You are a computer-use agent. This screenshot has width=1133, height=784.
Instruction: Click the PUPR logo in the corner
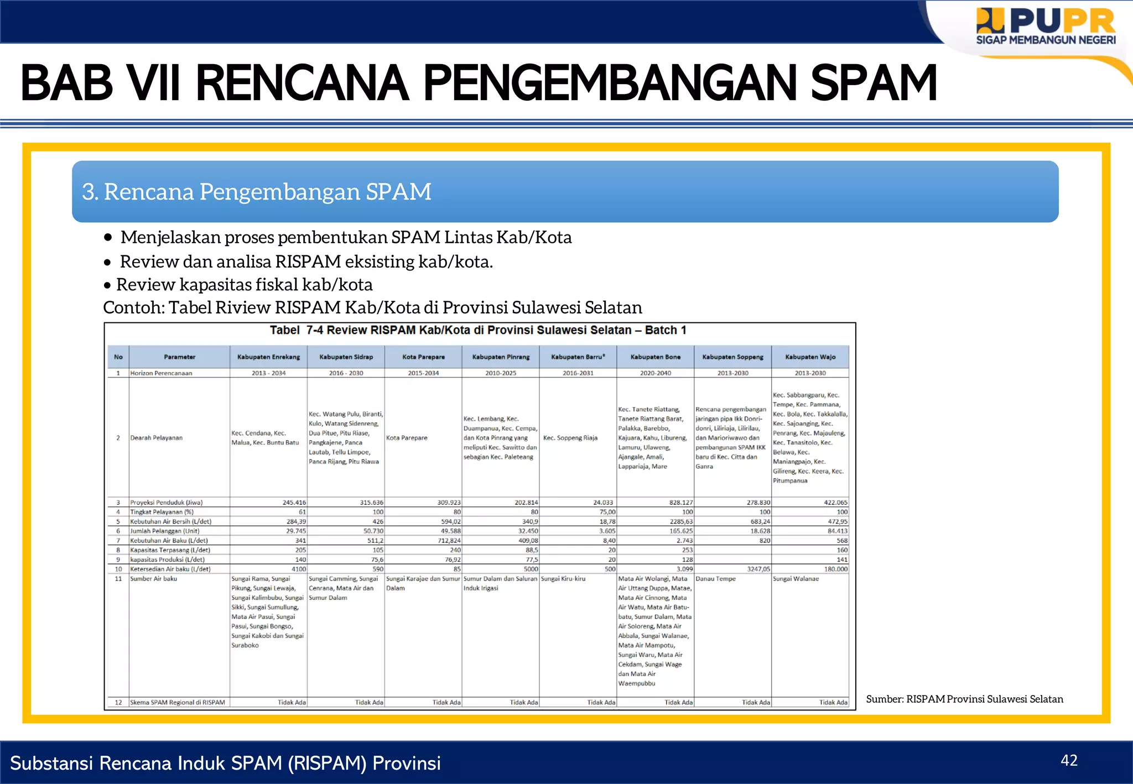(x=1045, y=26)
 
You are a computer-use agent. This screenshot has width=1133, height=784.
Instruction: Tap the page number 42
(x=1069, y=760)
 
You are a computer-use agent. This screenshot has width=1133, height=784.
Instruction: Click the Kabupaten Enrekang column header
(x=268, y=357)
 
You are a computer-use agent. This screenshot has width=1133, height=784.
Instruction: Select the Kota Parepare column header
(x=423, y=357)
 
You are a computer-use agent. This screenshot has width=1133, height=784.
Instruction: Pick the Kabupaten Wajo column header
(x=810, y=357)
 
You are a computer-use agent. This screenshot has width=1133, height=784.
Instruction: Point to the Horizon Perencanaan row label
(x=161, y=373)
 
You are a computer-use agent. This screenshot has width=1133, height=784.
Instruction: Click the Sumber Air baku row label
(x=154, y=579)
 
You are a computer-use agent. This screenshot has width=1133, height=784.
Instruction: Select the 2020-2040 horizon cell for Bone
(x=655, y=373)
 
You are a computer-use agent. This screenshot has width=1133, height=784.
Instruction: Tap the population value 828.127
(x=680, y=503)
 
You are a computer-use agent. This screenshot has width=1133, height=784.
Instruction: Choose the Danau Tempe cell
(x=716, y=579)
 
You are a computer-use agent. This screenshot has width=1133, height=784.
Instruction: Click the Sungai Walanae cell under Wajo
(x=796, y=579)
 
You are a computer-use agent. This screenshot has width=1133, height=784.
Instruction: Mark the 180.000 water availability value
(x=835, y=569)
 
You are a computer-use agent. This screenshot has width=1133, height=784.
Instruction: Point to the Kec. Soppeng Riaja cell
(x=570, y=438)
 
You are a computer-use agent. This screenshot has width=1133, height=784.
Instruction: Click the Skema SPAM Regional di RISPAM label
(x=178, y=703)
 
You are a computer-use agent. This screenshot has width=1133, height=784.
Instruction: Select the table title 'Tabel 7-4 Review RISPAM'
(x=478, y=330)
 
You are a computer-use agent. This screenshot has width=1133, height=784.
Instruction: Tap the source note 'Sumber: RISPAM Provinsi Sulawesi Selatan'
(x=964, y=699)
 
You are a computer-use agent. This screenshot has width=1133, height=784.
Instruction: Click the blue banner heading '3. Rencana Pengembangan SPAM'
(x=257, y=192)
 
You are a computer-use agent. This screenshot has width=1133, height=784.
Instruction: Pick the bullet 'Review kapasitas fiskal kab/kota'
(x=244, y=285)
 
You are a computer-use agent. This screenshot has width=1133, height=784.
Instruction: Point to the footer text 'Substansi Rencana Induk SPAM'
(x=225, y=763)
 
